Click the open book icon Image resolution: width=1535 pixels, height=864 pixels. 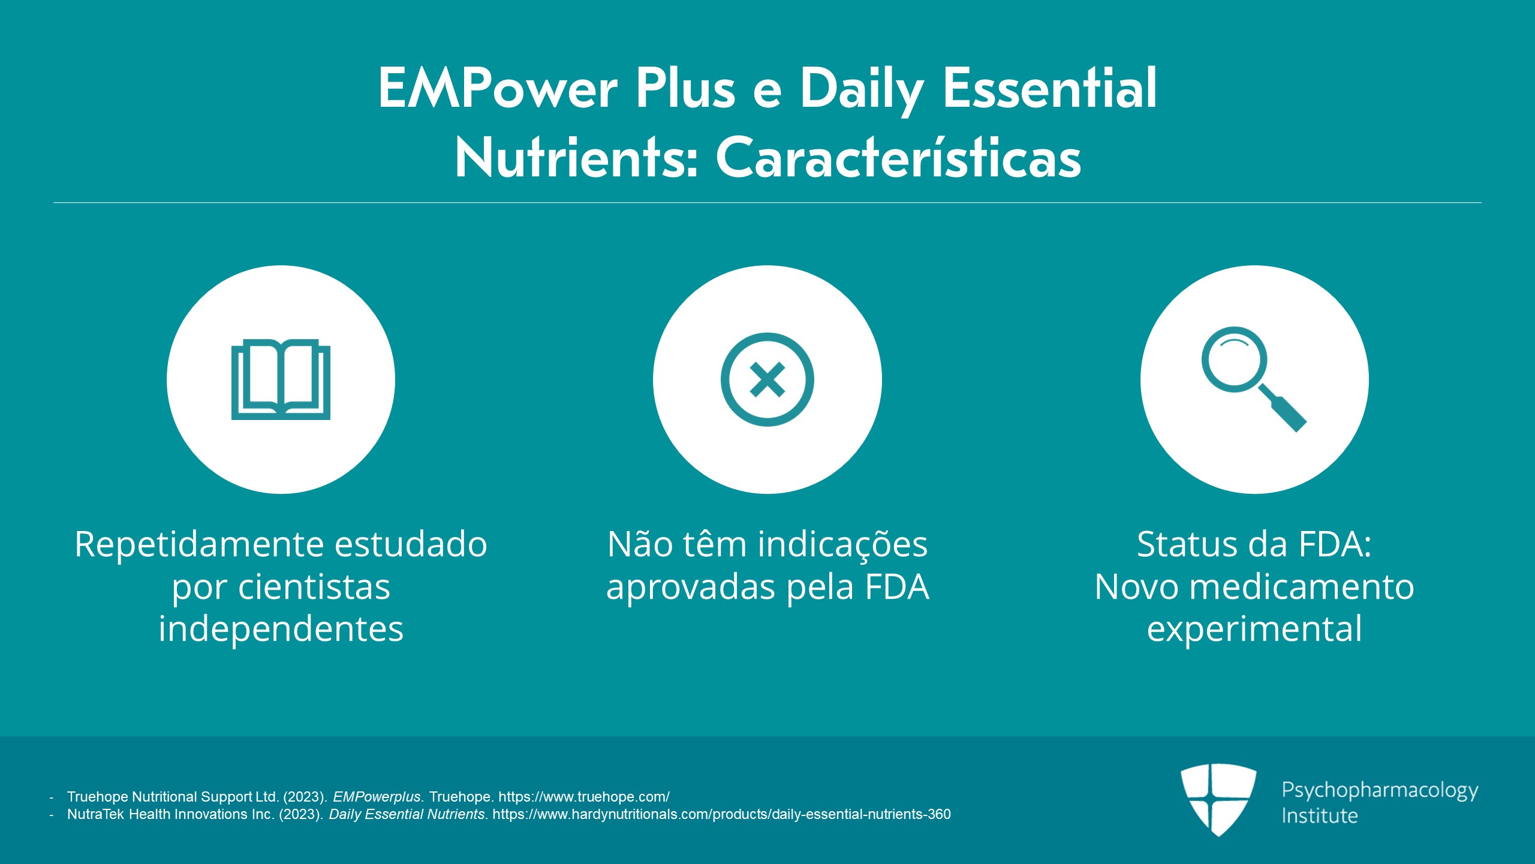click(x=281, y=379)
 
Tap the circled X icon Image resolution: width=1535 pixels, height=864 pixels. click(x=767, y=379)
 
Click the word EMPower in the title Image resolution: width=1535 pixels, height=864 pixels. click(x=498, y=88)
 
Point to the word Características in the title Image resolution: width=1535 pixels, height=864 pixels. click(x=898, y=158)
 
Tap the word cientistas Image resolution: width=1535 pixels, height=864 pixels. click(x=314, y=587)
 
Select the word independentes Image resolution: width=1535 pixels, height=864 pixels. click(x=281, y=629)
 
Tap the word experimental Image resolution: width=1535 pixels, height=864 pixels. click(x=1254, y=629)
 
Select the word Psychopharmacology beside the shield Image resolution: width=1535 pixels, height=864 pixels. click(x=1380, y=791)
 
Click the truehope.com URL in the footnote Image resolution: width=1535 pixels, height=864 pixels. click(x=584, y=797)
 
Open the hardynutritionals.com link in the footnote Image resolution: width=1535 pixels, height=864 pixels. click(x=721, y=814)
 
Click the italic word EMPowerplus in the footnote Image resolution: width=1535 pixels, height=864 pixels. click(x=377, y=797)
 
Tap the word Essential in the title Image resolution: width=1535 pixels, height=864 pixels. click(x=1049, y=88)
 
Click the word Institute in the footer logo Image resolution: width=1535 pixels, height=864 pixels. click(x=1319, y=816)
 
